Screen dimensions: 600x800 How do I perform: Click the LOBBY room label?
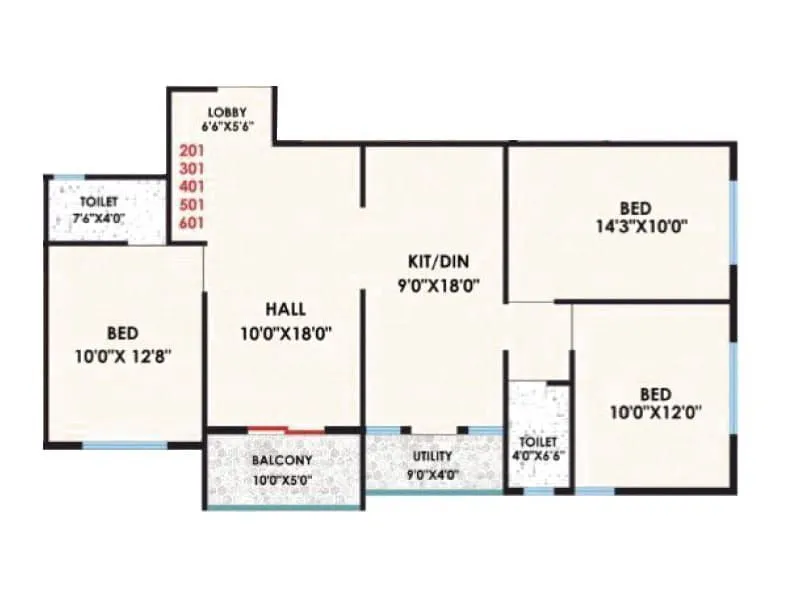227,110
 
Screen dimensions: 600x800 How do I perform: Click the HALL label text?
285,308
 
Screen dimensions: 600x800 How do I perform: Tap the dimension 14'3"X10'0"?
639,225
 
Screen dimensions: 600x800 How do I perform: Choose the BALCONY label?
282,461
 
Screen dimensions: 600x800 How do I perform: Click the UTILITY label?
432,456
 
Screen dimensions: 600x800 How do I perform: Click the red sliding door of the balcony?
286,429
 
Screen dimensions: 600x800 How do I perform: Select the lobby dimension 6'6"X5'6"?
227,127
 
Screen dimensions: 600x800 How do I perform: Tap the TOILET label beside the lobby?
99,202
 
